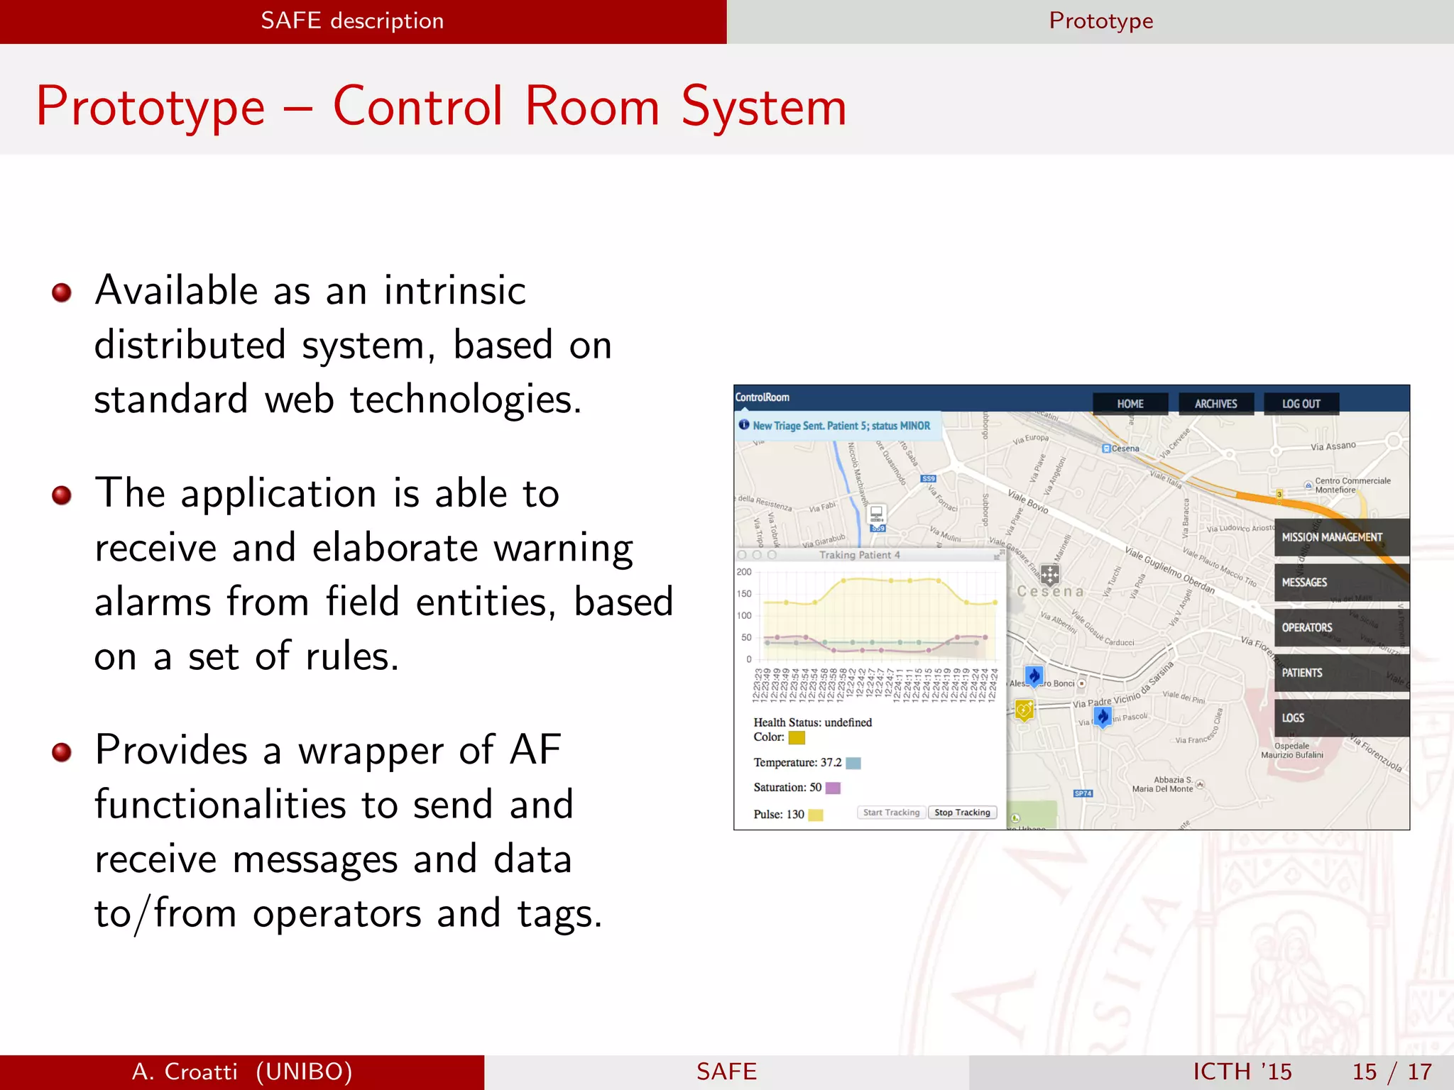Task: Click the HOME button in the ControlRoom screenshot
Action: pyautogui.click(x=1130, y=404)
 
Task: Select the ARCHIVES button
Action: pyautogui.click(x=1215, y=404)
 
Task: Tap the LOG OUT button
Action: pyautogui.click(x=1301, y=404)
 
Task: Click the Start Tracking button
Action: pyautogui.click(x=891, y=813)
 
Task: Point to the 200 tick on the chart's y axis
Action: pyautogui.click(x=744, y=572)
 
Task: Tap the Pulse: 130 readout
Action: pyautogui.click(x=779, y=815)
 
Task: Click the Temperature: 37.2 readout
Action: pyautogui.click(x=797, y=763)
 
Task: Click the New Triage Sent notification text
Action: pyautogui.click(x=841, y=426)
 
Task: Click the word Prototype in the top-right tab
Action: pyautogui.click(x=1100, y=21)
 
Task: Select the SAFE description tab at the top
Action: pyautogui.click(x=352, y=21)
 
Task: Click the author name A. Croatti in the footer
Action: pyautogui.click(x=185, y=1072)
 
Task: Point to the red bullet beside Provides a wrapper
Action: pyautogui.click(x=62, y=752)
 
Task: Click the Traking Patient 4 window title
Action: pyautogui.click(x=859, y=555)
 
